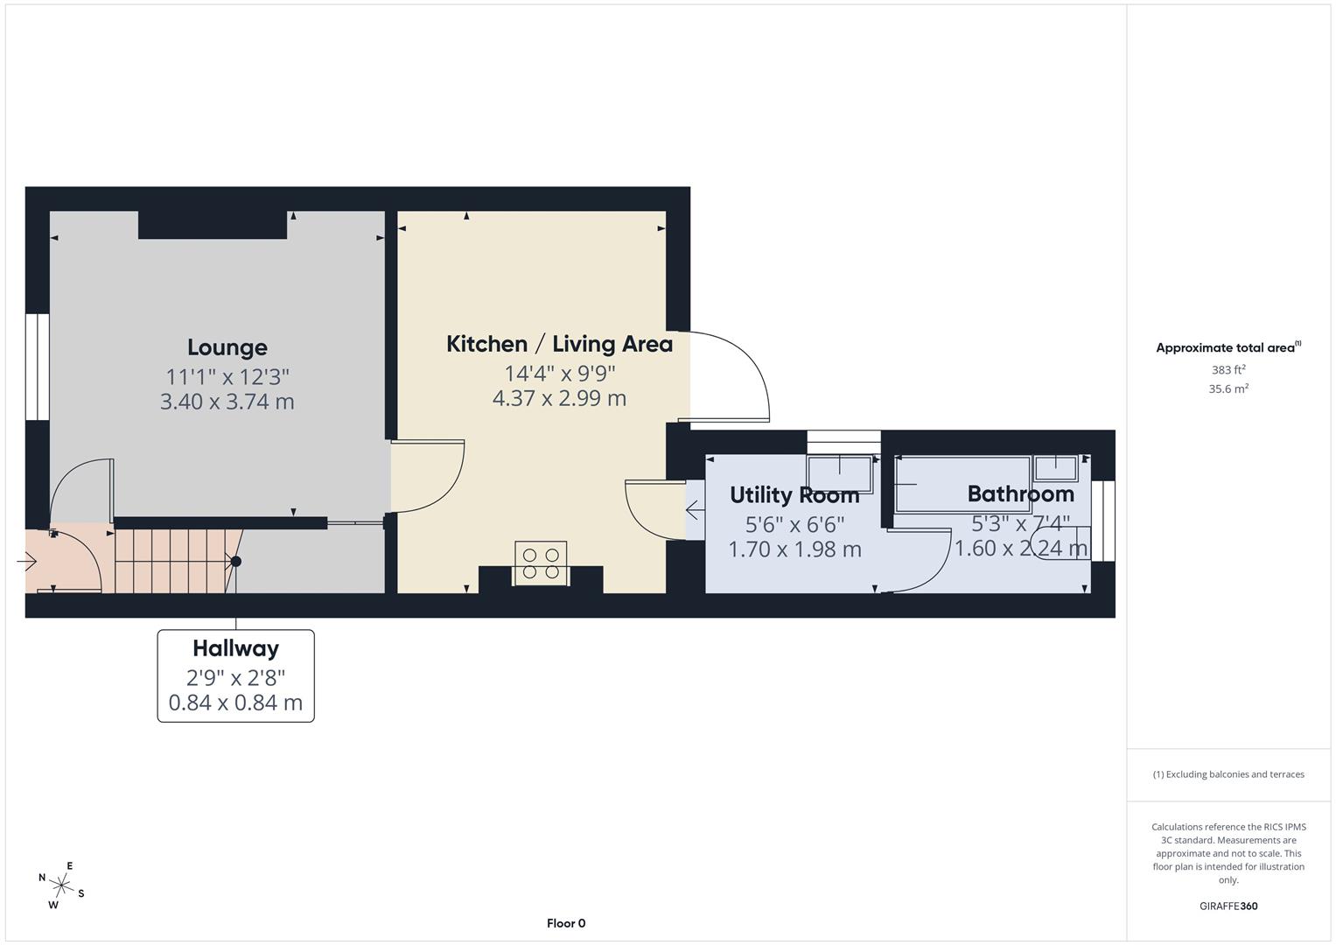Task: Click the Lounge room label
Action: pos(227,347)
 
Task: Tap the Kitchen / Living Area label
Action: pos(559,344)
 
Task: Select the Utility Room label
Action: pos(794,495)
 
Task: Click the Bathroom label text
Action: pos(1020,494)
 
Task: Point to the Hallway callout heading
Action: pos(235,648)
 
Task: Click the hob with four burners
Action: pos(541,563)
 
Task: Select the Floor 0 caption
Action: pos(565,923)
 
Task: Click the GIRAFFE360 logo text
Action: pos(1228,906)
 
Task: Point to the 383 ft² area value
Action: pos(1228,370)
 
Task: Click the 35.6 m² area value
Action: pos(1228,389)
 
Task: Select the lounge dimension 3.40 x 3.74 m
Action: pos(227,402)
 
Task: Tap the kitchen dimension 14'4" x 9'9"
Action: pos(559,374)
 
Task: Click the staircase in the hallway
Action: pos(175,560)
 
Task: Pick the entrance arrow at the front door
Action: pos(26,561)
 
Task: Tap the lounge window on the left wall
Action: pos(38,367)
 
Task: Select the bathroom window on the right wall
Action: pos(1108,520)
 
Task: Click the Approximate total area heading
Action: pos(1228,347)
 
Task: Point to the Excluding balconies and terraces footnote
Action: pos(1228,774)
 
